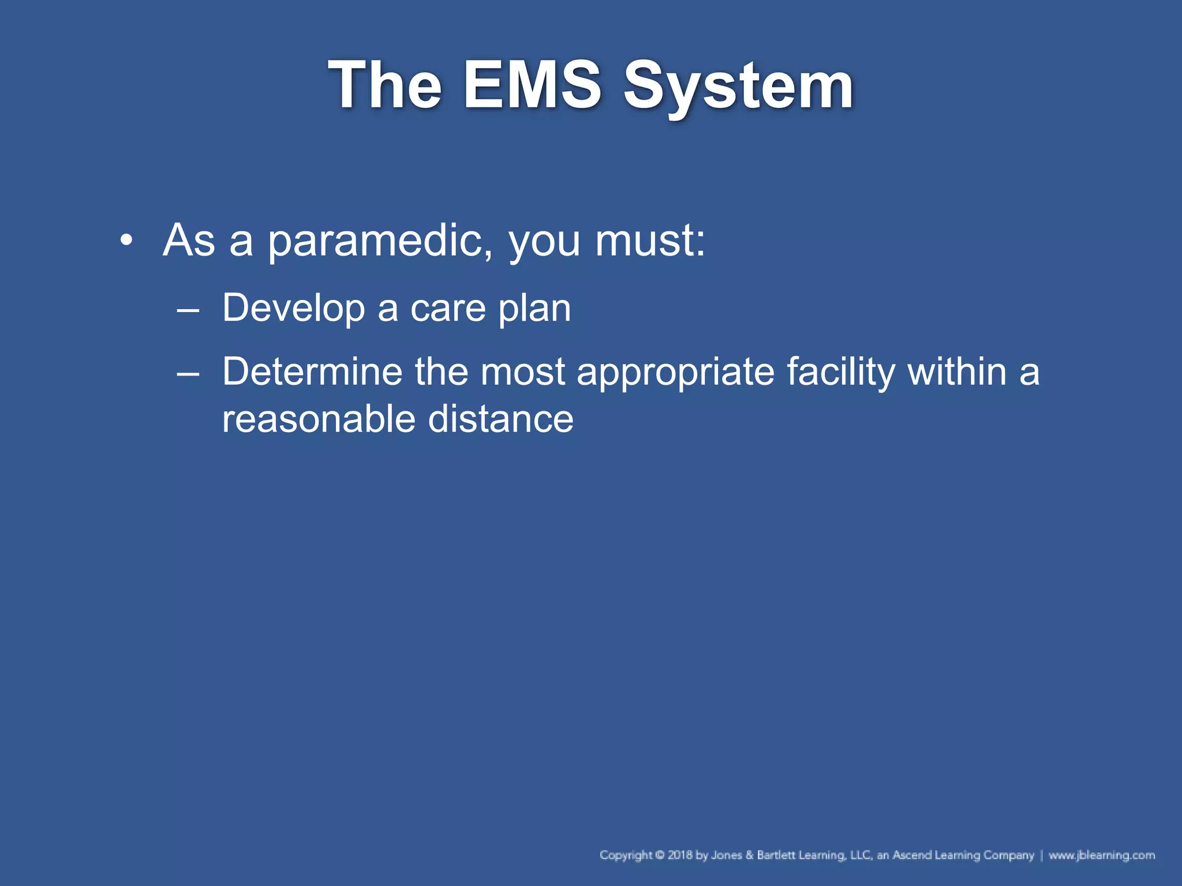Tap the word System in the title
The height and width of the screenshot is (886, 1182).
click(x=738, y=87)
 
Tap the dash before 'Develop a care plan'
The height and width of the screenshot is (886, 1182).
click(x=188, y=310)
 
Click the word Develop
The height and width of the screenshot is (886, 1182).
click(x=293, y=309)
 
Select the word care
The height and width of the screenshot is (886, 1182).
click(x=448, y=309)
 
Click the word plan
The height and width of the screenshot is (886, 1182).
click(x=534, y=309)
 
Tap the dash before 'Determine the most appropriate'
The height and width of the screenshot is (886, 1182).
click(x=188, y=373)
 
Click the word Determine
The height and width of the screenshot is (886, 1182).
click(x=312, y=372)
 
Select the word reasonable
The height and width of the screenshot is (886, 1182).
click(x=318, y=419)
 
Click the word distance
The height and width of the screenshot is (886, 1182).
click(x=500, y=419)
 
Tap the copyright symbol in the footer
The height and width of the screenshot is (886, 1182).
click(x=660, y=855)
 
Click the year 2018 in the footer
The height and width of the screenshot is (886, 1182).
click(x=680, y=855)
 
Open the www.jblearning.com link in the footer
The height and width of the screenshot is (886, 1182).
click(x=1101, y=855)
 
